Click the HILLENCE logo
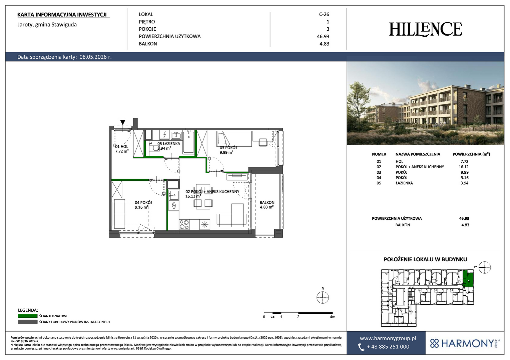tap(426, 29)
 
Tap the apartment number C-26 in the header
tap(324, 14)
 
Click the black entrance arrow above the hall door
tap(123, 122)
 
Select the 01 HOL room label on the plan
tap(122, 147)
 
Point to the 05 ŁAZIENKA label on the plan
tap(169, 144)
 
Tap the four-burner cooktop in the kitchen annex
tap(184, 224)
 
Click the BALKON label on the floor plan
tap(267, 203)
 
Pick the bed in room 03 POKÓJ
tap(234, 139)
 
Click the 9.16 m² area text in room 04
tap(142, 207)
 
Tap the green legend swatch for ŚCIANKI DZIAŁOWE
tap(28, 316)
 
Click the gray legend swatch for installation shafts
tap(28, 322)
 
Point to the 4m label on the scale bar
tap(333, 317)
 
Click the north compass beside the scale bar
tap(323, 297)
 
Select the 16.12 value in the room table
tap(464, 167)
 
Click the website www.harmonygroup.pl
tap(388, 338)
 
